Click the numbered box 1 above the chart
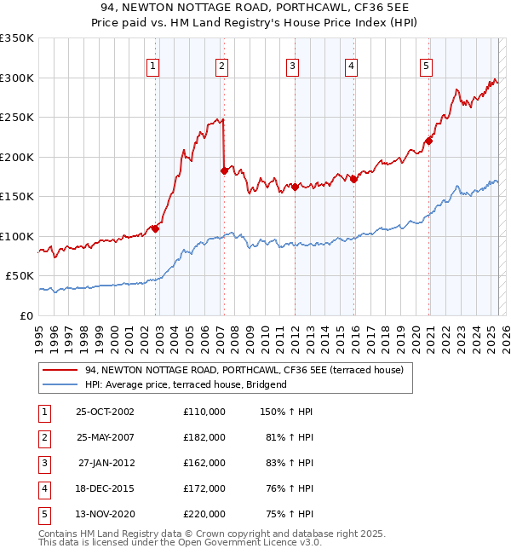click(x=152, y=66)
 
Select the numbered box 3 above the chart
click(x=292, y=66)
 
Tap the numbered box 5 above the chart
click(x=425, y=66)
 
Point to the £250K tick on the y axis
click(x=17, y=118)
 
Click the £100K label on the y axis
click(x=17, y=236)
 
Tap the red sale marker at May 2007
click(x=224, y=170)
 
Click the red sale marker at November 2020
click(x=428, y=141)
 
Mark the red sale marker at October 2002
click(x=155, y=228)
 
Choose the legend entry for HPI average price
click(x=185, y=384)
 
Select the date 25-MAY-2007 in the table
click(x=106, y=437)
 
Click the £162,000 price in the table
click(x=204, y=463)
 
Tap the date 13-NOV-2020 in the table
click(x=106, y=514)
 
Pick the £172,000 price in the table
click(x=204, y=488)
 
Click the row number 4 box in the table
click(x=43, y=488)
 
